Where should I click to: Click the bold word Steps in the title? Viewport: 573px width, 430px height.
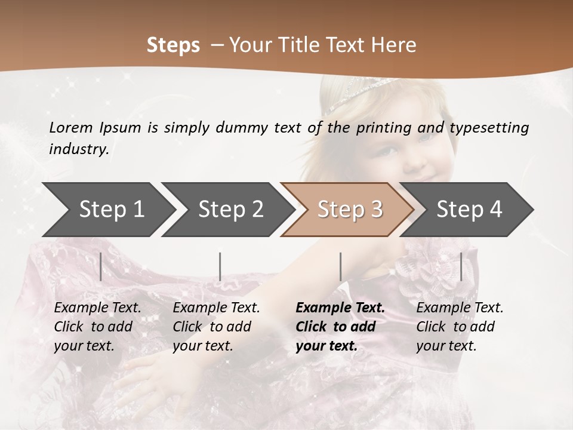click(173, 45)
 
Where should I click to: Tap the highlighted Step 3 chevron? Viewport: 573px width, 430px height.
click(350, 209)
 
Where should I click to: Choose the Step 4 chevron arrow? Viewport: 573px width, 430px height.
click(469, 209)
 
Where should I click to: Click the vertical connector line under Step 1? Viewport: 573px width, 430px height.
click(101, 266)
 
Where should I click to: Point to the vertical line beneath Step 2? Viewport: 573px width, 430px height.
click(220, 266)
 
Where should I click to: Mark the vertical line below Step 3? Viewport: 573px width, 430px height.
click(340, 266)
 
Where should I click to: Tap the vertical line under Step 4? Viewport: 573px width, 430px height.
click(461, 266)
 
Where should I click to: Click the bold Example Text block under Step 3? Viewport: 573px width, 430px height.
click(340, 327)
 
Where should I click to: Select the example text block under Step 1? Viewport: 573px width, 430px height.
click(97, 327)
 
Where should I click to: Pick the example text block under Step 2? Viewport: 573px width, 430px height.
click(216, 327)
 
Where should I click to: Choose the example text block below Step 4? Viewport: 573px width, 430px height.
click(460, 327)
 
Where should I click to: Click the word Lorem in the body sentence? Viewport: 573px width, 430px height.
click(71, 127)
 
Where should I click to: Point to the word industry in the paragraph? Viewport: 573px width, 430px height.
click(79, 149)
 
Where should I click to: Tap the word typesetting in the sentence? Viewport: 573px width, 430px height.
click(489, 128)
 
